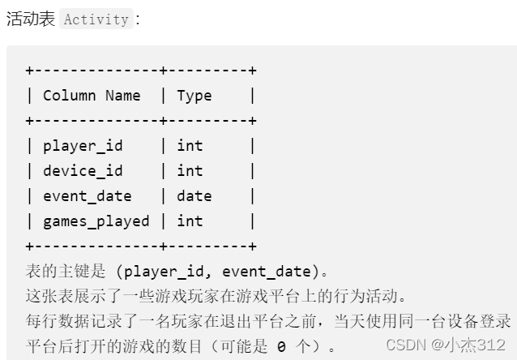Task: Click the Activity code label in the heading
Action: tap(96, 19)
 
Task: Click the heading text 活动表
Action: tap(30, 19)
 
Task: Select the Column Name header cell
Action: tap(92, 96)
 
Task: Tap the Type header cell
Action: tap(194, 96)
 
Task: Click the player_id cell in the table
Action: tap(83, 146)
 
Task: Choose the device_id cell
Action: tap(83, 171)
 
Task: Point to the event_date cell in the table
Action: tap(87, 196)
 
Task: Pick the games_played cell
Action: tap(96, 221)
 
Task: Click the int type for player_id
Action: tap(190, 146)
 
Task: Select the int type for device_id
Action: tap(190, 171)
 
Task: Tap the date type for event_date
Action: tap(194, 196)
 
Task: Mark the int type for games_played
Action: tap(190, 221)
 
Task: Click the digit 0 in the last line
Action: tap(280, 346)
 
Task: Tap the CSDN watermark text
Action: tap(406, 345)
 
